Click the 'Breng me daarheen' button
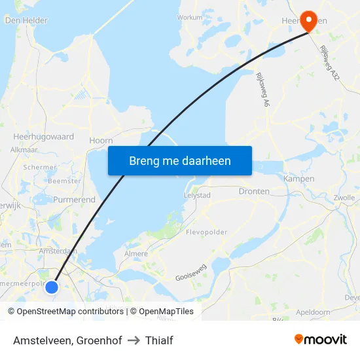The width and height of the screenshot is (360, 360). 180,161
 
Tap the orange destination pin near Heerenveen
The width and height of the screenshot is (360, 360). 307,19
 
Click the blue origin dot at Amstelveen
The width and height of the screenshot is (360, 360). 52,287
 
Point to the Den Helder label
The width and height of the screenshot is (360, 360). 26,20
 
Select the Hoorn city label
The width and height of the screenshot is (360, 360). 101,140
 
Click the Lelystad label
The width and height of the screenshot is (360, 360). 196,195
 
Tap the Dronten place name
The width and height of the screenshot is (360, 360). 255,191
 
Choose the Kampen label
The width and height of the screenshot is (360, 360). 299,178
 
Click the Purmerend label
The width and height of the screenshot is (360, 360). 74,200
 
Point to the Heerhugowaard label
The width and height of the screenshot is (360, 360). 44,137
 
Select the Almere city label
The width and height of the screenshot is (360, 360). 136,253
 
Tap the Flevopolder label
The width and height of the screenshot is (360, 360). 206,232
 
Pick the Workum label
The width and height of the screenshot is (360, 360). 190,18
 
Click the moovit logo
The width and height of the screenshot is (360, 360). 320,339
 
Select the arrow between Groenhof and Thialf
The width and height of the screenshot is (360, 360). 134,340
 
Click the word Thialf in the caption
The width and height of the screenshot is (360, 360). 159,340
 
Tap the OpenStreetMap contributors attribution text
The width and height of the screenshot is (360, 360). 70,312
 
